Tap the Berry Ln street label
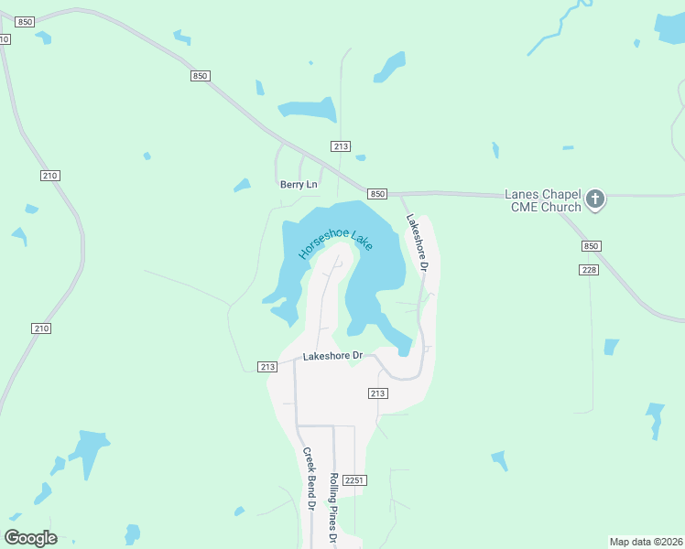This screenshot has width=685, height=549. tap(299, 185)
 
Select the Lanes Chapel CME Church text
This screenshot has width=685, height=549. tap(543, 200)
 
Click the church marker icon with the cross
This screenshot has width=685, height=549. tap(595, 199)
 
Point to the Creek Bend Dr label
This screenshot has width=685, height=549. tap(310, 479)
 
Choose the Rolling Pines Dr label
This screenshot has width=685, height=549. tap(335, 506)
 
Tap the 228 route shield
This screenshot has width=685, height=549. tap(589, 269)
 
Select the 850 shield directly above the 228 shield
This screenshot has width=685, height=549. tap(592, 246)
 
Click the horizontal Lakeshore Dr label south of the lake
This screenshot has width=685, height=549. tap(333, 355)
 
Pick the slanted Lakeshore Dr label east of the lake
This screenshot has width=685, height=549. tap(418, 243)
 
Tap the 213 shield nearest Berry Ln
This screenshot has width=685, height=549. tap(341, 146)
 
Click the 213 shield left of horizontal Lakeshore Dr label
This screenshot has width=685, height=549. tap(266, 367)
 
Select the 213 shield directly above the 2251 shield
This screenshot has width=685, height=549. tap(377, 393)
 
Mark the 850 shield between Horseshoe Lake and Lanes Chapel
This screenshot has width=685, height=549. tap(377, 194)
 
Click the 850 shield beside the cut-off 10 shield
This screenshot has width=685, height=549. tap(25, 21)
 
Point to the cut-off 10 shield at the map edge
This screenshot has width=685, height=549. tap(5, 39)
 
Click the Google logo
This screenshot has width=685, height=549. tap(31, 538)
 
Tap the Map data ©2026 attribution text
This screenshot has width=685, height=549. tap(646, 542)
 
